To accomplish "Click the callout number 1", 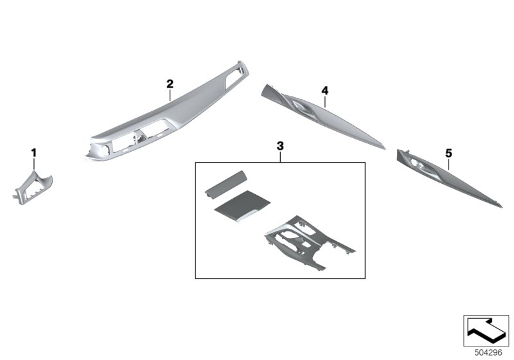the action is [x=34, y=153].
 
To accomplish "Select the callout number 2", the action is [x=170, y=84].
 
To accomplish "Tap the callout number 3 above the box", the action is [x=280, y=146].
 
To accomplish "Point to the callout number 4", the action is [x=324, y=91].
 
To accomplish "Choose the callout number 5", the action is [x=448, y=153].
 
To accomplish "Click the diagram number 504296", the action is [x=488, y=352].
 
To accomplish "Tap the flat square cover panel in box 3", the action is [x=242, y=206].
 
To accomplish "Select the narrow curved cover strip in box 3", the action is [x=226, y=185].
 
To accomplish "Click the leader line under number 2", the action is [x=170, y=95].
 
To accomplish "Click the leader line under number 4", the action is [x=324, y=102].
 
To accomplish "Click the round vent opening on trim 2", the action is [x=105, y=150].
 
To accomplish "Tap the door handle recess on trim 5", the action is [x=421, y=166].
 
